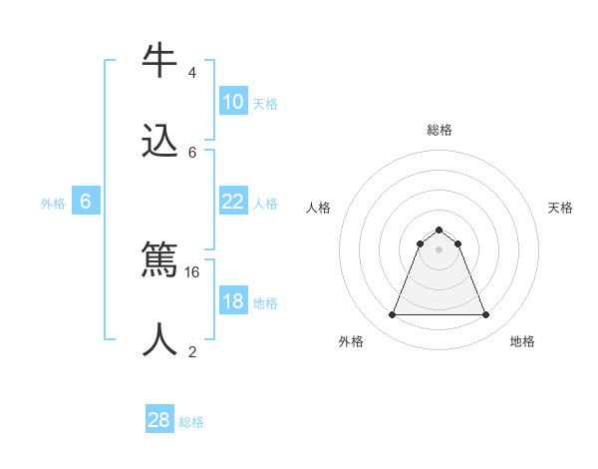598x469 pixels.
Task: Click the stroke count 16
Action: point(193,271)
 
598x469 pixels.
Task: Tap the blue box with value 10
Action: point(233,102)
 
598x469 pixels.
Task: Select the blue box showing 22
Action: point(233,202)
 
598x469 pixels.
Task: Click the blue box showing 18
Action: point(233,301)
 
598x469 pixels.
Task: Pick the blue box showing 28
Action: point(159,420)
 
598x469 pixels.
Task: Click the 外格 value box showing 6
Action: point(86,202)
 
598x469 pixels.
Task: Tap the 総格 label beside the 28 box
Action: point(192,422)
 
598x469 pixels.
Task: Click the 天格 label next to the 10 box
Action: point(265,104)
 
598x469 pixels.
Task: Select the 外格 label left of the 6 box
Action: point(53,204)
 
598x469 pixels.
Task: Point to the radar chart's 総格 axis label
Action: point(440,130)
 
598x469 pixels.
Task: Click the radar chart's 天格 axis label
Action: point(560,208)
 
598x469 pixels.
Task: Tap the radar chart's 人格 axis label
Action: point(319,208)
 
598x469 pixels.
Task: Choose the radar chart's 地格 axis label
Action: point(522,341)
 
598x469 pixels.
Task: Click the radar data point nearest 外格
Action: point(392,315)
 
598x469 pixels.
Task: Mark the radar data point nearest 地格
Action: point(486,315)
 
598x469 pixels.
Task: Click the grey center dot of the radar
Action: point(440,249)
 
